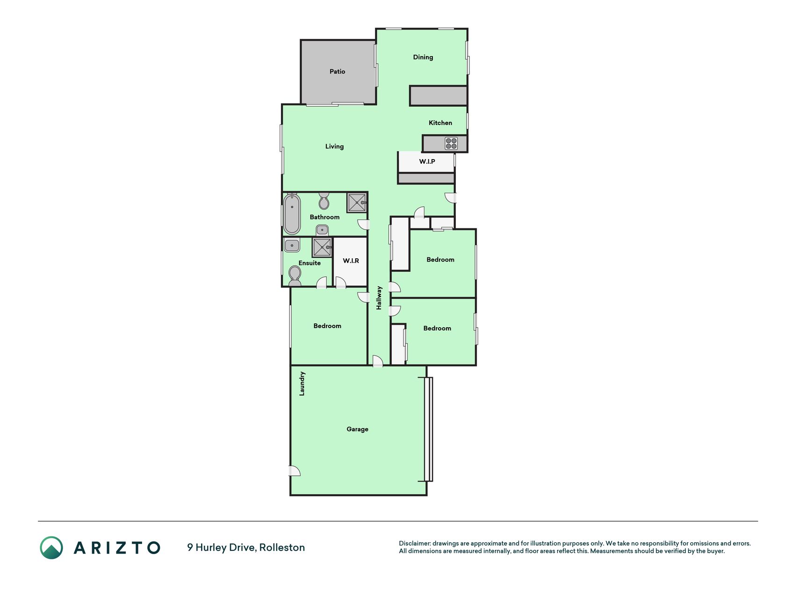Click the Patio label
[x=337, y=72]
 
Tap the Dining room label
[x=423, y=58]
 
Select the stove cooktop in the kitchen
[x=451, y=143]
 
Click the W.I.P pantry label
[x=427, y=161]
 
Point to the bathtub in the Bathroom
[x=292, y=214]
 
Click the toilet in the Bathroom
[x=324, y=201]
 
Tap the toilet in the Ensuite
[x=295, y=276]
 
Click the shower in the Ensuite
[x=322, y=248]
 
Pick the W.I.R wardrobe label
[x=351, y=261]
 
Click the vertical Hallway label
[x=379, y=298]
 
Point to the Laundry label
[x=302, y=384]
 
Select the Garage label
[x=357, y=429]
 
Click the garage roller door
[x=428, y=429]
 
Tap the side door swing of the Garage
[x=295, y=471]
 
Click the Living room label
[x=334, y=146]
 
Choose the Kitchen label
[x=440, y=123]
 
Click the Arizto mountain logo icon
[x=51, y=548]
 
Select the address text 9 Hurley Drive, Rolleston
[x=246, y=548]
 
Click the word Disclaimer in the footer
[x=414, y=543]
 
